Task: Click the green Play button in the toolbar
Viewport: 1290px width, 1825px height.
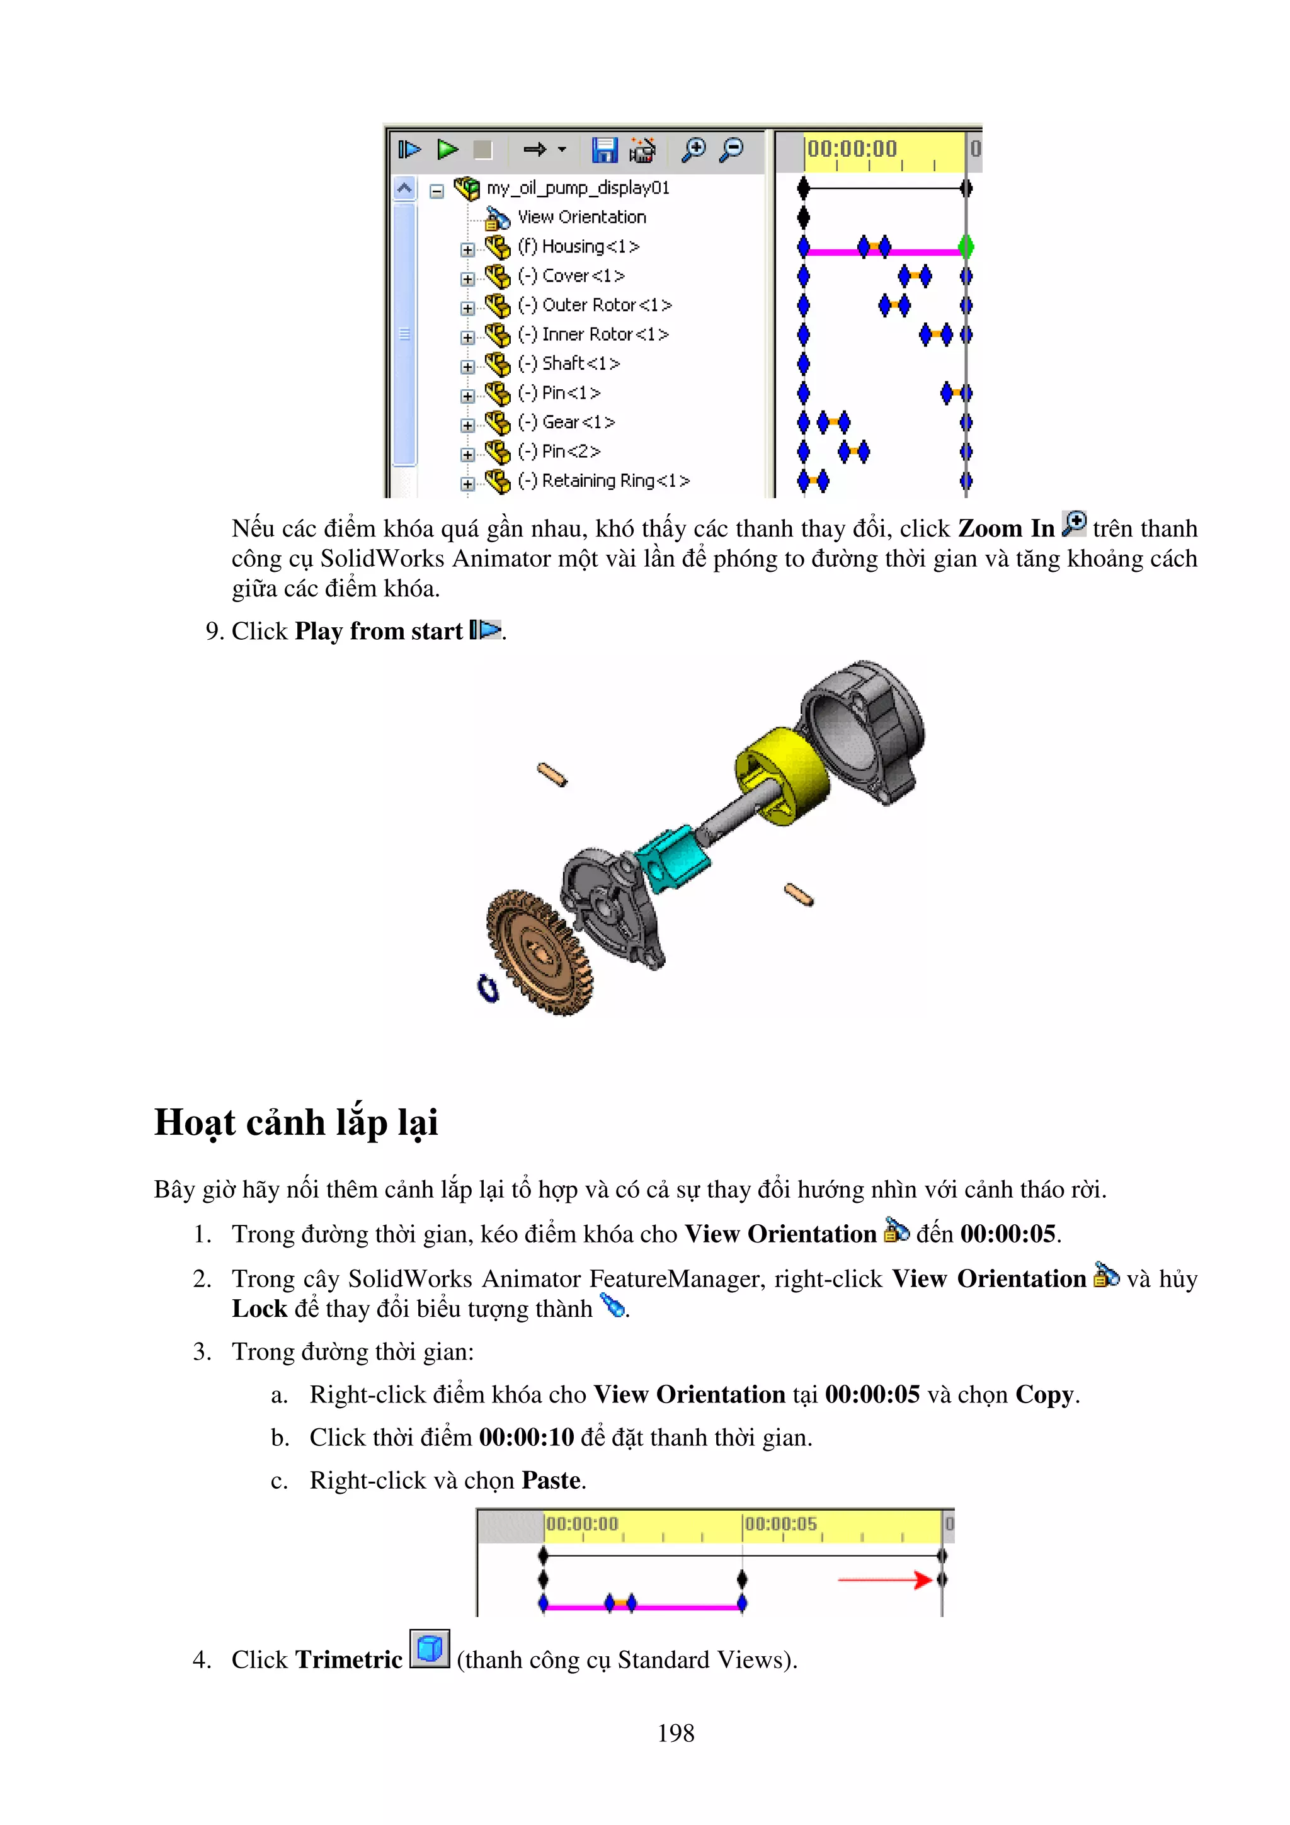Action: click(447, 149)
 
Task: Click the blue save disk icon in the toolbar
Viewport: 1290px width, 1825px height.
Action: click(604, 149)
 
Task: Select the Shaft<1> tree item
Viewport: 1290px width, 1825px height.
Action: click(568, 364)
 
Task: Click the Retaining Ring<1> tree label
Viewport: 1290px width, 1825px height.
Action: click(603, 481)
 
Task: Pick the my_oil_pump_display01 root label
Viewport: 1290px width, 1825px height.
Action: click(578, 188)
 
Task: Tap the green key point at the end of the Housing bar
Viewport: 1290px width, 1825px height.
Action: click(966, 247)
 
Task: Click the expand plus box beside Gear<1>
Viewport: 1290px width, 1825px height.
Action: click(467, 425)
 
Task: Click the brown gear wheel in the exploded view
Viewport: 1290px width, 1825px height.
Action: click(540, 952)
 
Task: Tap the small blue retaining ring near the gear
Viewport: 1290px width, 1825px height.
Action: click(488, 988)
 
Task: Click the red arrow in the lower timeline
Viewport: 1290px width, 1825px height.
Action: click(883, 1579)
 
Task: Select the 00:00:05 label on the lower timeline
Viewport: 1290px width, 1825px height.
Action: click(780, 1524)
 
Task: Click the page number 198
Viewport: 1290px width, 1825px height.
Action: click(676, 1733)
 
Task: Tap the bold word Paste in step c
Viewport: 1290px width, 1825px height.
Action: click(551, 1480)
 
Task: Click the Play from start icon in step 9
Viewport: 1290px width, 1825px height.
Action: click(486, 630)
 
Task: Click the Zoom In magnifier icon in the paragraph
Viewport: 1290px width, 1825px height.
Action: click(1073, 524)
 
